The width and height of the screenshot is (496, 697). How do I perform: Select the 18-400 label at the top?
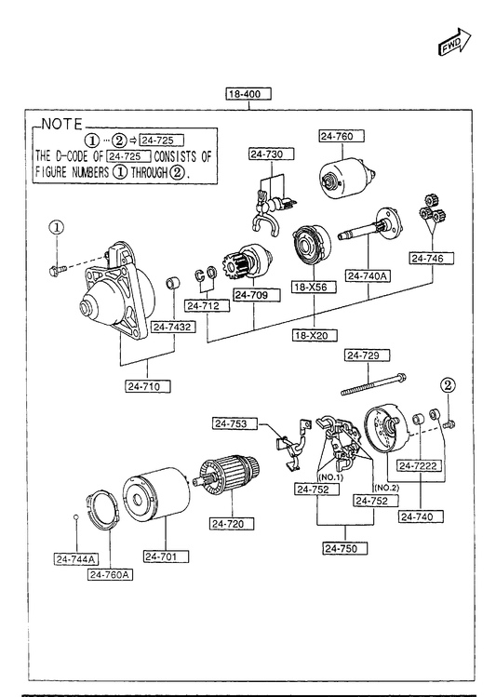(248, 94)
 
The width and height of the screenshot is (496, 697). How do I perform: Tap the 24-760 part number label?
(342, 136)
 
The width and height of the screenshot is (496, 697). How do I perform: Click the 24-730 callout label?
(272, 154)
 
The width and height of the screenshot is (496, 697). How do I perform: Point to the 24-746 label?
(432, 259)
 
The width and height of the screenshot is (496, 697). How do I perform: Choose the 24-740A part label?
(369, 276)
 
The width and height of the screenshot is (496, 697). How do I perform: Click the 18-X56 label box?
(314, 288)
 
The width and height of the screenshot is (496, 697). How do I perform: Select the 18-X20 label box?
(315, 335)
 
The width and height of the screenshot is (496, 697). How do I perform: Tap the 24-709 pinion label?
(258, 295)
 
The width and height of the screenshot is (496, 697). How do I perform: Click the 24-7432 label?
(174, 327)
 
